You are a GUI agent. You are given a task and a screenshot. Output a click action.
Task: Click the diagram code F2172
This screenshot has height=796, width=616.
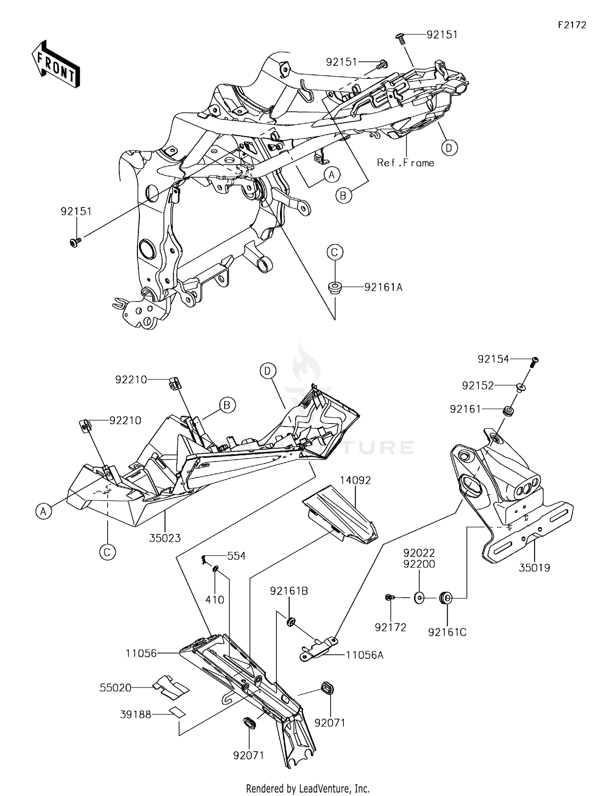click(x=572, y=25)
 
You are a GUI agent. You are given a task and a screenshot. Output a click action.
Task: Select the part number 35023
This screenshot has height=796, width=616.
click(x=165, y=538)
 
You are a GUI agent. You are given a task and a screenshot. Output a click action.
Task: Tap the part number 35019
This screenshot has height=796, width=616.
click(x=534, y=568)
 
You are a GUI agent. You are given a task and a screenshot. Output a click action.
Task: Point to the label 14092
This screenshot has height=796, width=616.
click(x=355, y=480)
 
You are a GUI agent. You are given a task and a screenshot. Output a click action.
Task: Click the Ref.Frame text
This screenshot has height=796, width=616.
click(x=405, y=163)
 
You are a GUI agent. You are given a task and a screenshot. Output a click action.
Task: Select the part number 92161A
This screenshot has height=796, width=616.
click(x=384, y=288)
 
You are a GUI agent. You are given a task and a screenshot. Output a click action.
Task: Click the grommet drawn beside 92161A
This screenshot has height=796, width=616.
click(x=335, y=286)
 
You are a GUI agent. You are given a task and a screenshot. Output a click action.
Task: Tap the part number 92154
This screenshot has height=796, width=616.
click(x=493, y=359)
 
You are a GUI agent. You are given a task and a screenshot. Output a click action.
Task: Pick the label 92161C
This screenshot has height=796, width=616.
click(x=447, y=633)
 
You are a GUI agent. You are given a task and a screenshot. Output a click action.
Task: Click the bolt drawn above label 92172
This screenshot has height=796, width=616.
click(x=389, y=598)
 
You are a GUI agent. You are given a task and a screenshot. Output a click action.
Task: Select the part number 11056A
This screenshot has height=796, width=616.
click(x=365, y=655)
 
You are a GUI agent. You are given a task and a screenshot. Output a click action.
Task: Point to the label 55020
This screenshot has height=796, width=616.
click(x=115, y=688)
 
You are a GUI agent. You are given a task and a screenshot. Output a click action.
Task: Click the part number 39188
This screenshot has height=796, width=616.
click(x=136, y=715)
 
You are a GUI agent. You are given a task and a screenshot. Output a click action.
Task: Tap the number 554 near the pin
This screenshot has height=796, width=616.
click(x=236, y=556)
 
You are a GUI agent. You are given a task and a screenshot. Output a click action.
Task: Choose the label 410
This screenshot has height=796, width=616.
click(x=215, y=600)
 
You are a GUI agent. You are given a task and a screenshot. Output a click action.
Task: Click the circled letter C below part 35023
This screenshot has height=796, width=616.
click(x=107, y=552)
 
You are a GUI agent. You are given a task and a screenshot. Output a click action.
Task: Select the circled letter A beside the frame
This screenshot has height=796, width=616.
click(x=331, y=175)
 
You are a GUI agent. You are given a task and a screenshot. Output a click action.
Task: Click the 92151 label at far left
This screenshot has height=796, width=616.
click(x=76, y=212)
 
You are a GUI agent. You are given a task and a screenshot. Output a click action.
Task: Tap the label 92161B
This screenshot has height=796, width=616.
click(x=289, y=591)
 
